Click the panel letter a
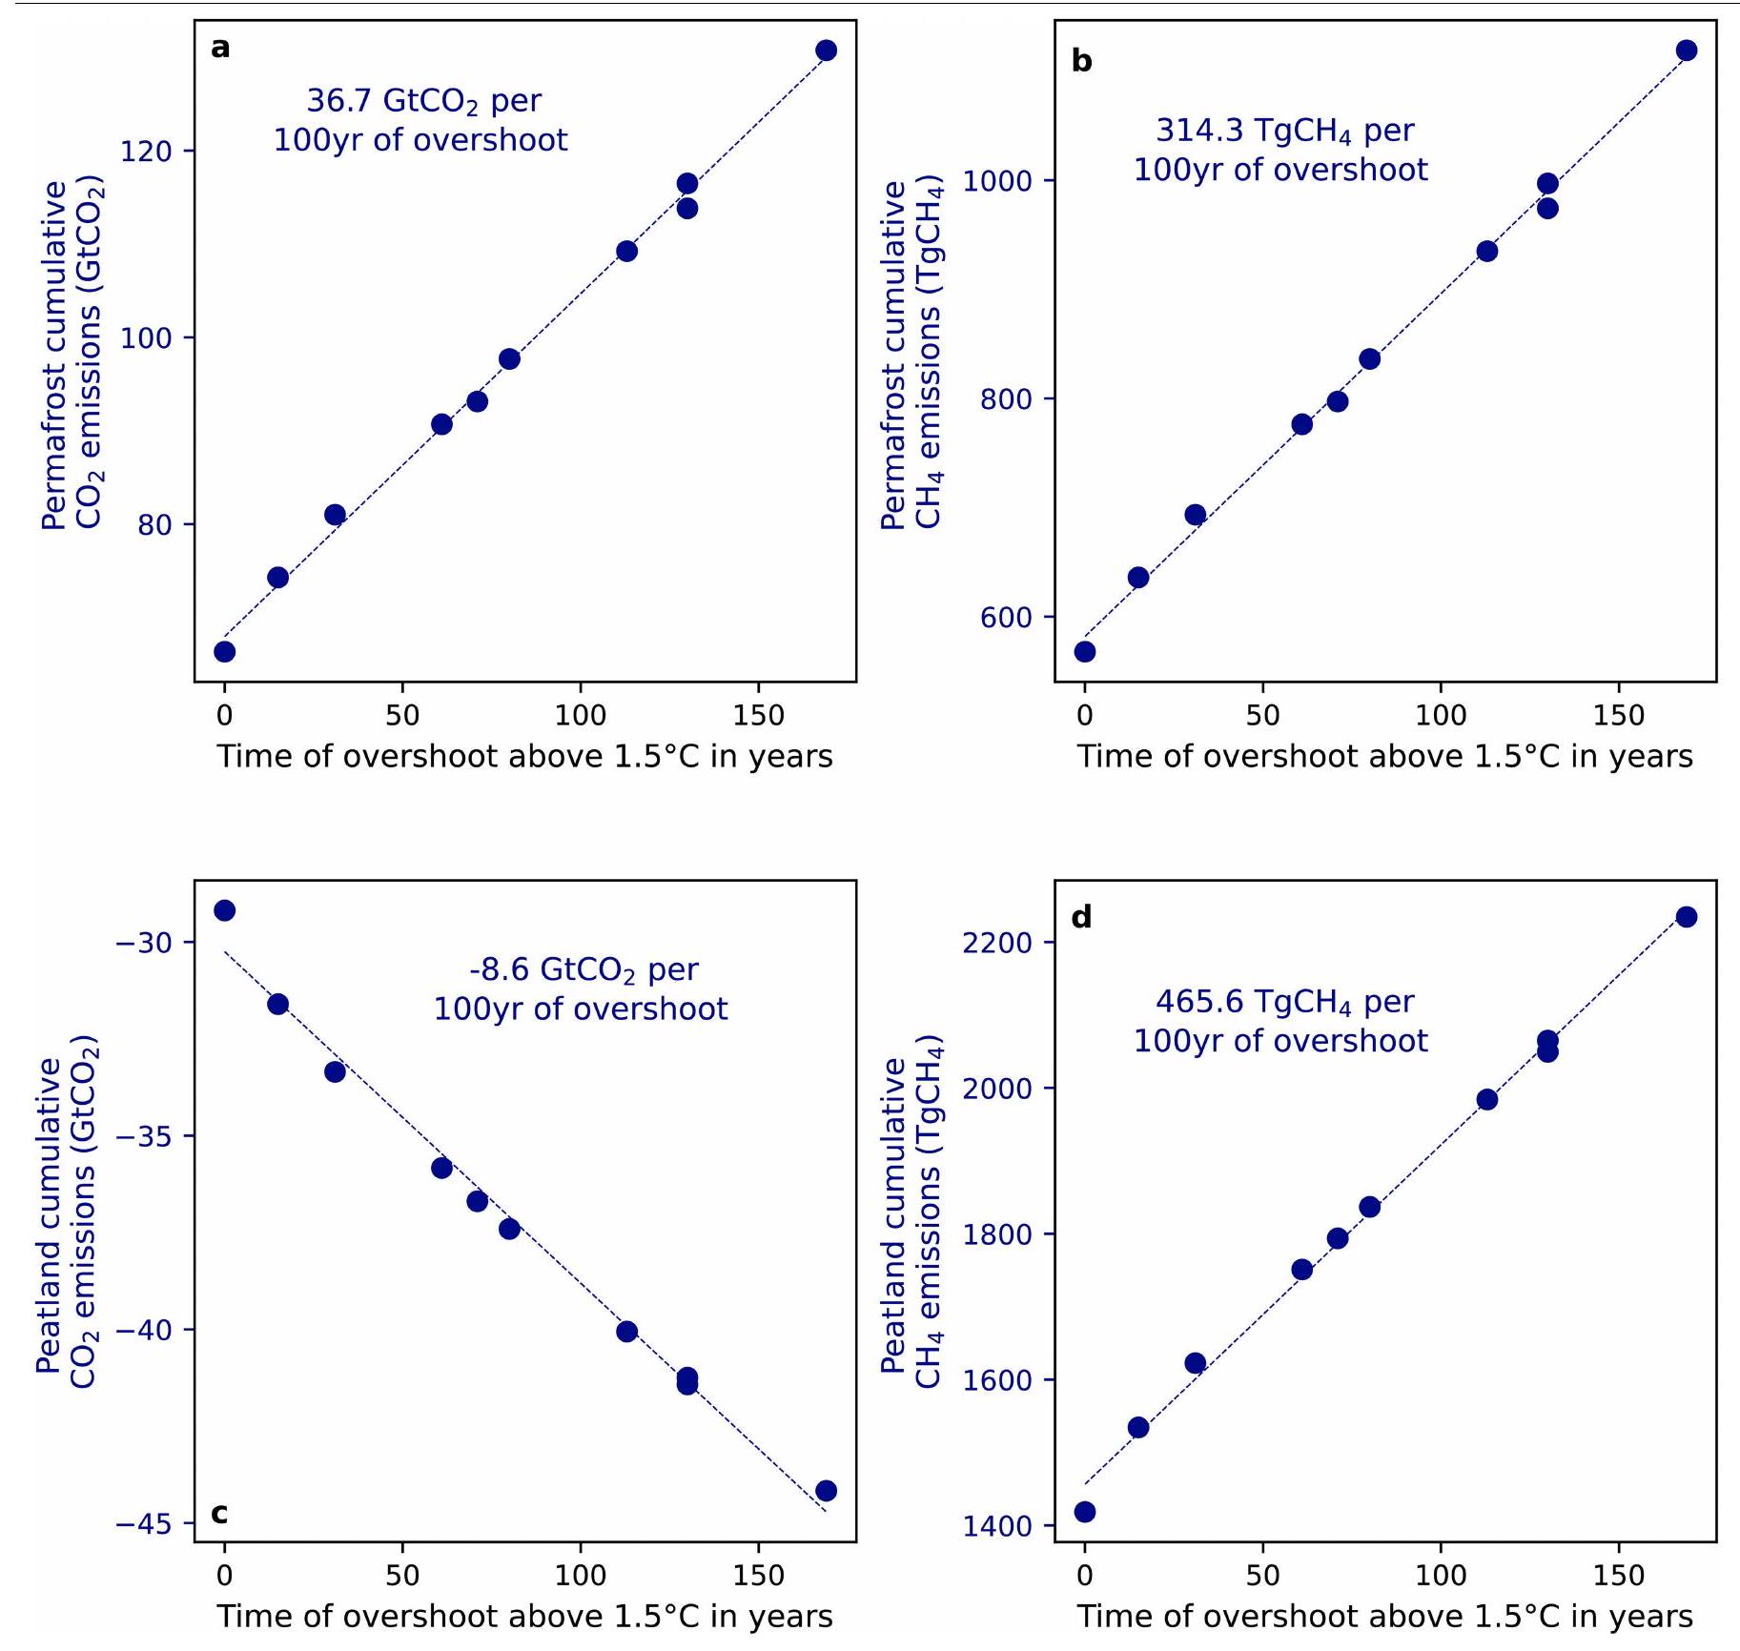220,48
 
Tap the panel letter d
1081,917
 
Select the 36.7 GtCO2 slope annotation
421,120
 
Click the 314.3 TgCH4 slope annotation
1280,150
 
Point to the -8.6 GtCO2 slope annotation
581,989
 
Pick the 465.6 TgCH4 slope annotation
1280,1021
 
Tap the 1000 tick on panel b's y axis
997,181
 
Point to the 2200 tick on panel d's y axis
997,943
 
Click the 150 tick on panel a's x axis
758,717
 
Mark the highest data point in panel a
827,51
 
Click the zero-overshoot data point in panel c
224,910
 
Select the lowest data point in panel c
827,1490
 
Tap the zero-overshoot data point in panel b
1085,651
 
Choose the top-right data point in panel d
1687,917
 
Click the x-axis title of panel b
1384,757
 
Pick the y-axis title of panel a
72,354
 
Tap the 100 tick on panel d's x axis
1441,1576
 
